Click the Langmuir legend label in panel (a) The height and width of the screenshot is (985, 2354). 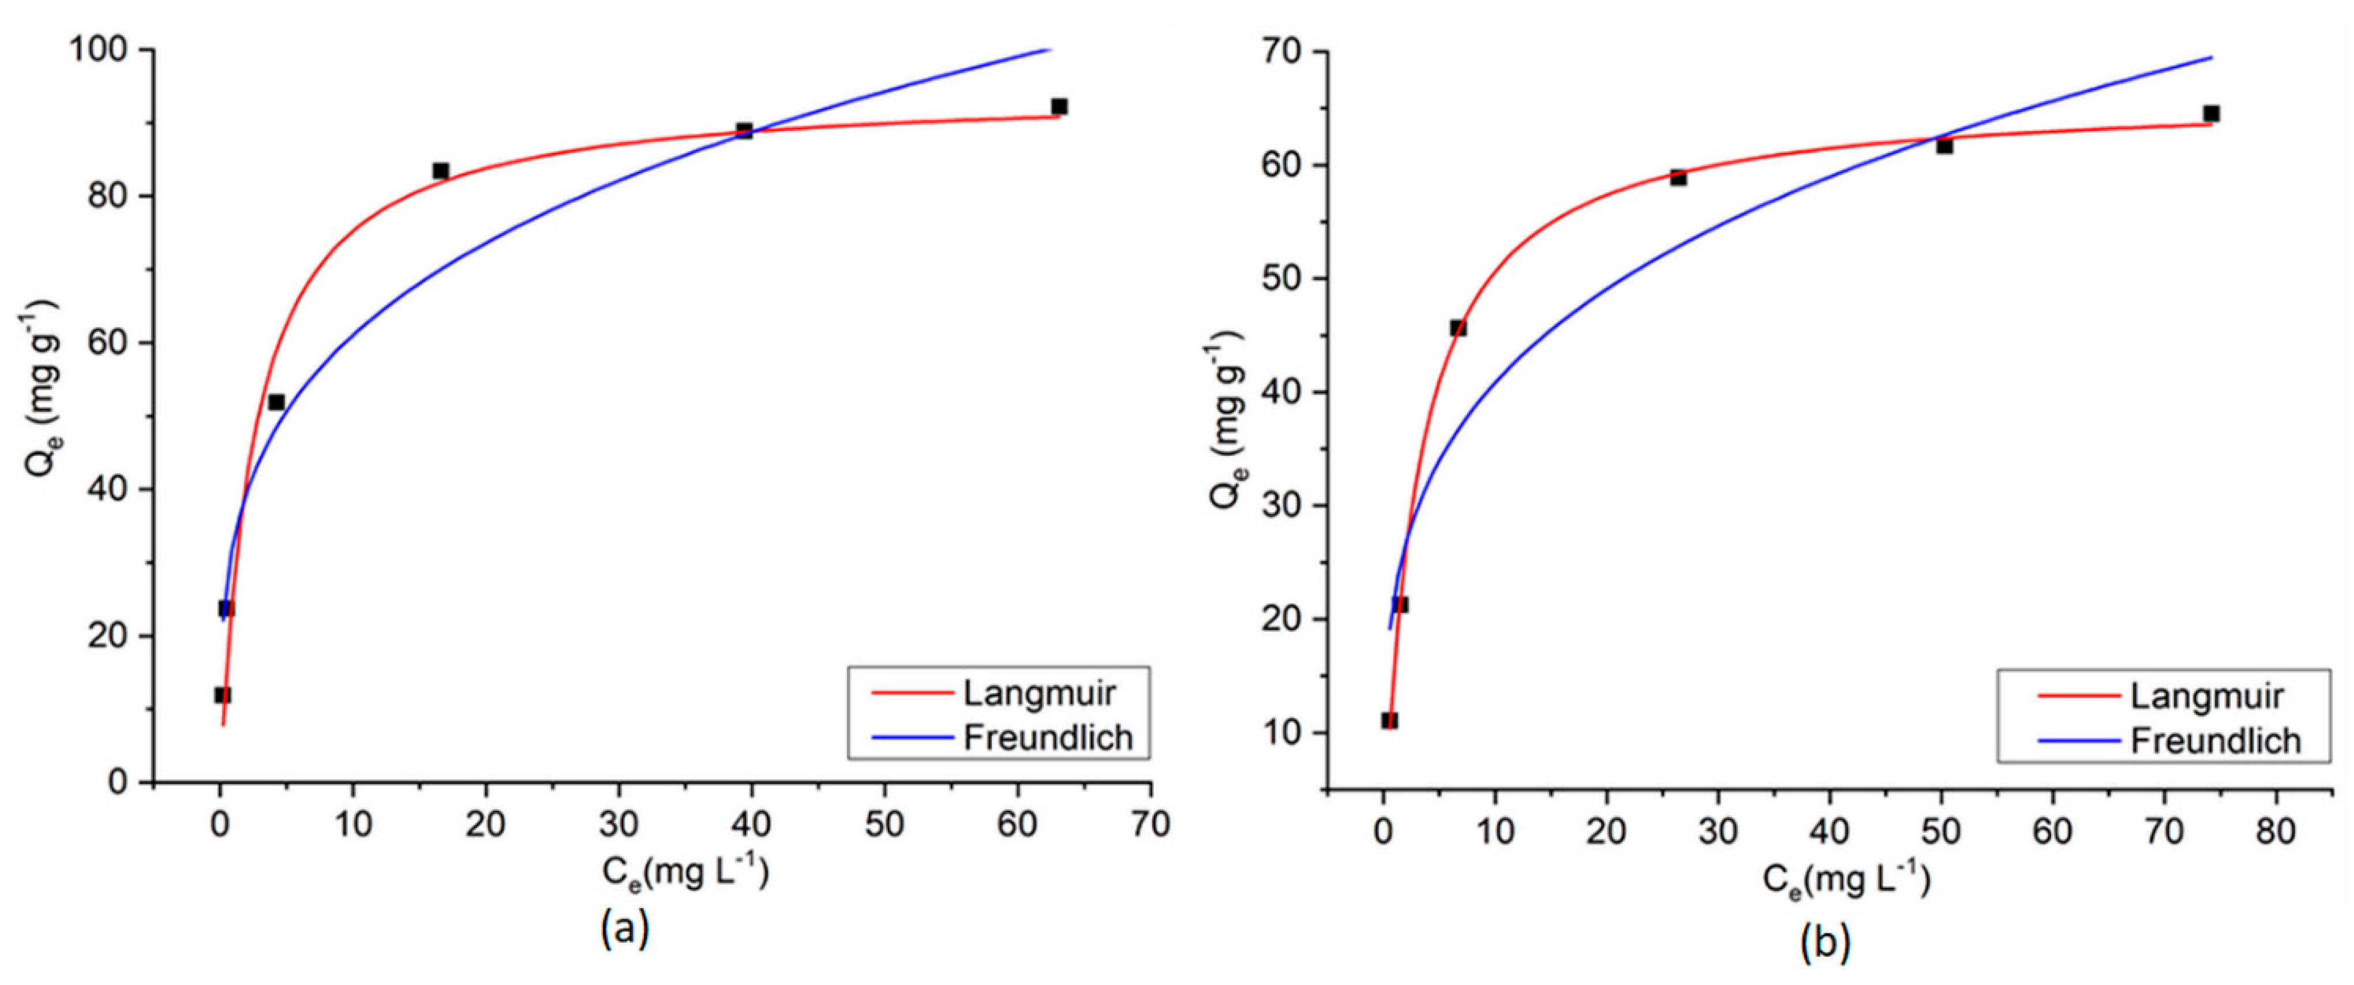(1039, 694)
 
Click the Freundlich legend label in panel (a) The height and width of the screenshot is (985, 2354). (1048, 737)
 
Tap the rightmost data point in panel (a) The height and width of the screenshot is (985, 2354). (1059, 107)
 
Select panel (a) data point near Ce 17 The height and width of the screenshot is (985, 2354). (440, 171)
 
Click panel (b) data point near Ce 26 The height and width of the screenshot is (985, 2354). (1678, 177)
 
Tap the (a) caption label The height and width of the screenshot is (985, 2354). (625, 929)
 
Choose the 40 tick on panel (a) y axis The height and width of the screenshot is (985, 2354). (108, 490)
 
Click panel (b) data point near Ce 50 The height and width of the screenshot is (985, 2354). (1944, 145)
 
